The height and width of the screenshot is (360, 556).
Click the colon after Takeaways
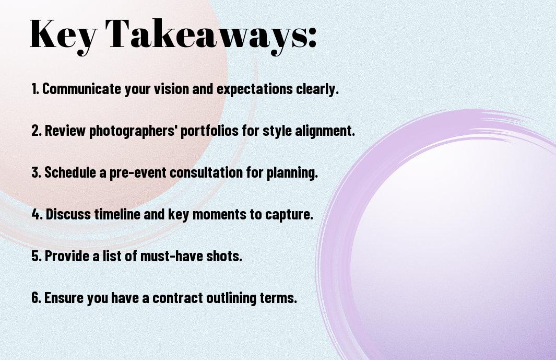(312, 37)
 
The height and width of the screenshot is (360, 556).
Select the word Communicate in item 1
(81, 89)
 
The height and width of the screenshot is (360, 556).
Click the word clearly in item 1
(317, 89)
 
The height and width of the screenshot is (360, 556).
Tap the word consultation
(206, 172)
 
